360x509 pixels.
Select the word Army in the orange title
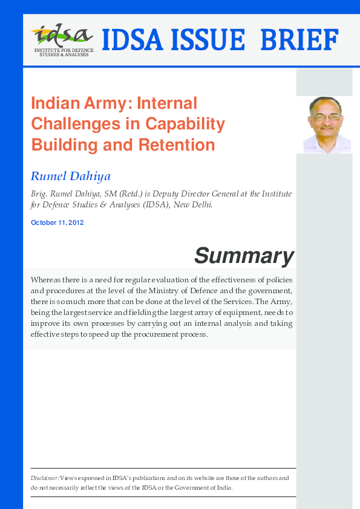coord(105,103)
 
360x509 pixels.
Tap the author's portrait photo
coord(327,125)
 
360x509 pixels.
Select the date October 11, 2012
coord(57,222)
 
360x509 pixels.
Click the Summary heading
coord(244,256)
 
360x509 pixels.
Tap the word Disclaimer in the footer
coord(45,478)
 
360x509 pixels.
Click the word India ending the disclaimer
coord(224,487)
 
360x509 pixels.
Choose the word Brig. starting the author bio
coord(38,194)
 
